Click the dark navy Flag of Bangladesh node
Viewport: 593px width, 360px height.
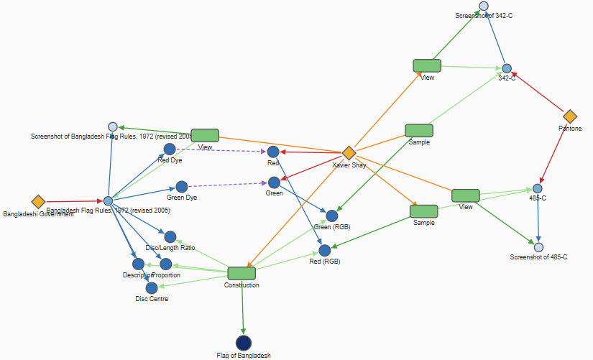point(244,343)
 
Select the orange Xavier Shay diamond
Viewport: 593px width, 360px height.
point(349,153)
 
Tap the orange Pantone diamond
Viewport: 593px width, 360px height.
point(570,116)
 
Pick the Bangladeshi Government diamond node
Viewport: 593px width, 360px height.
point(38,202)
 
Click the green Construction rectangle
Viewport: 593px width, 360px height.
point(242,273)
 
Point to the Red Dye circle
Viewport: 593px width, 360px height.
point(170,149)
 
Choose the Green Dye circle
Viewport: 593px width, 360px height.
point(182,187)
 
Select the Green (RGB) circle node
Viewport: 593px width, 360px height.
point(332,216)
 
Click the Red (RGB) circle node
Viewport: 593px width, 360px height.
point(325,250)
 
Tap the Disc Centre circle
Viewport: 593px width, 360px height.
point(152,287)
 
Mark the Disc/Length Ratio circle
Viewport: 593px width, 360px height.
point(170,236)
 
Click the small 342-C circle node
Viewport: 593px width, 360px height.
point(507,68)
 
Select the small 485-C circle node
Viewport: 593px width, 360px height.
point(538,188)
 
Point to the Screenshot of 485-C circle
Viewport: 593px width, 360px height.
point(538,247)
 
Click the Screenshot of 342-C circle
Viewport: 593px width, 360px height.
point(484,6)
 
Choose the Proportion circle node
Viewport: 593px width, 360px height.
point(166,264)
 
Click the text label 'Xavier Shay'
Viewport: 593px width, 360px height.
point(349,165)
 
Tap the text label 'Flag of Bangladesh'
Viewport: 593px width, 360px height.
point(244,356)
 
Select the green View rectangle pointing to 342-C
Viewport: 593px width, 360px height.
point(427,65)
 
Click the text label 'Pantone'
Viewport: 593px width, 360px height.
point(570,129)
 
